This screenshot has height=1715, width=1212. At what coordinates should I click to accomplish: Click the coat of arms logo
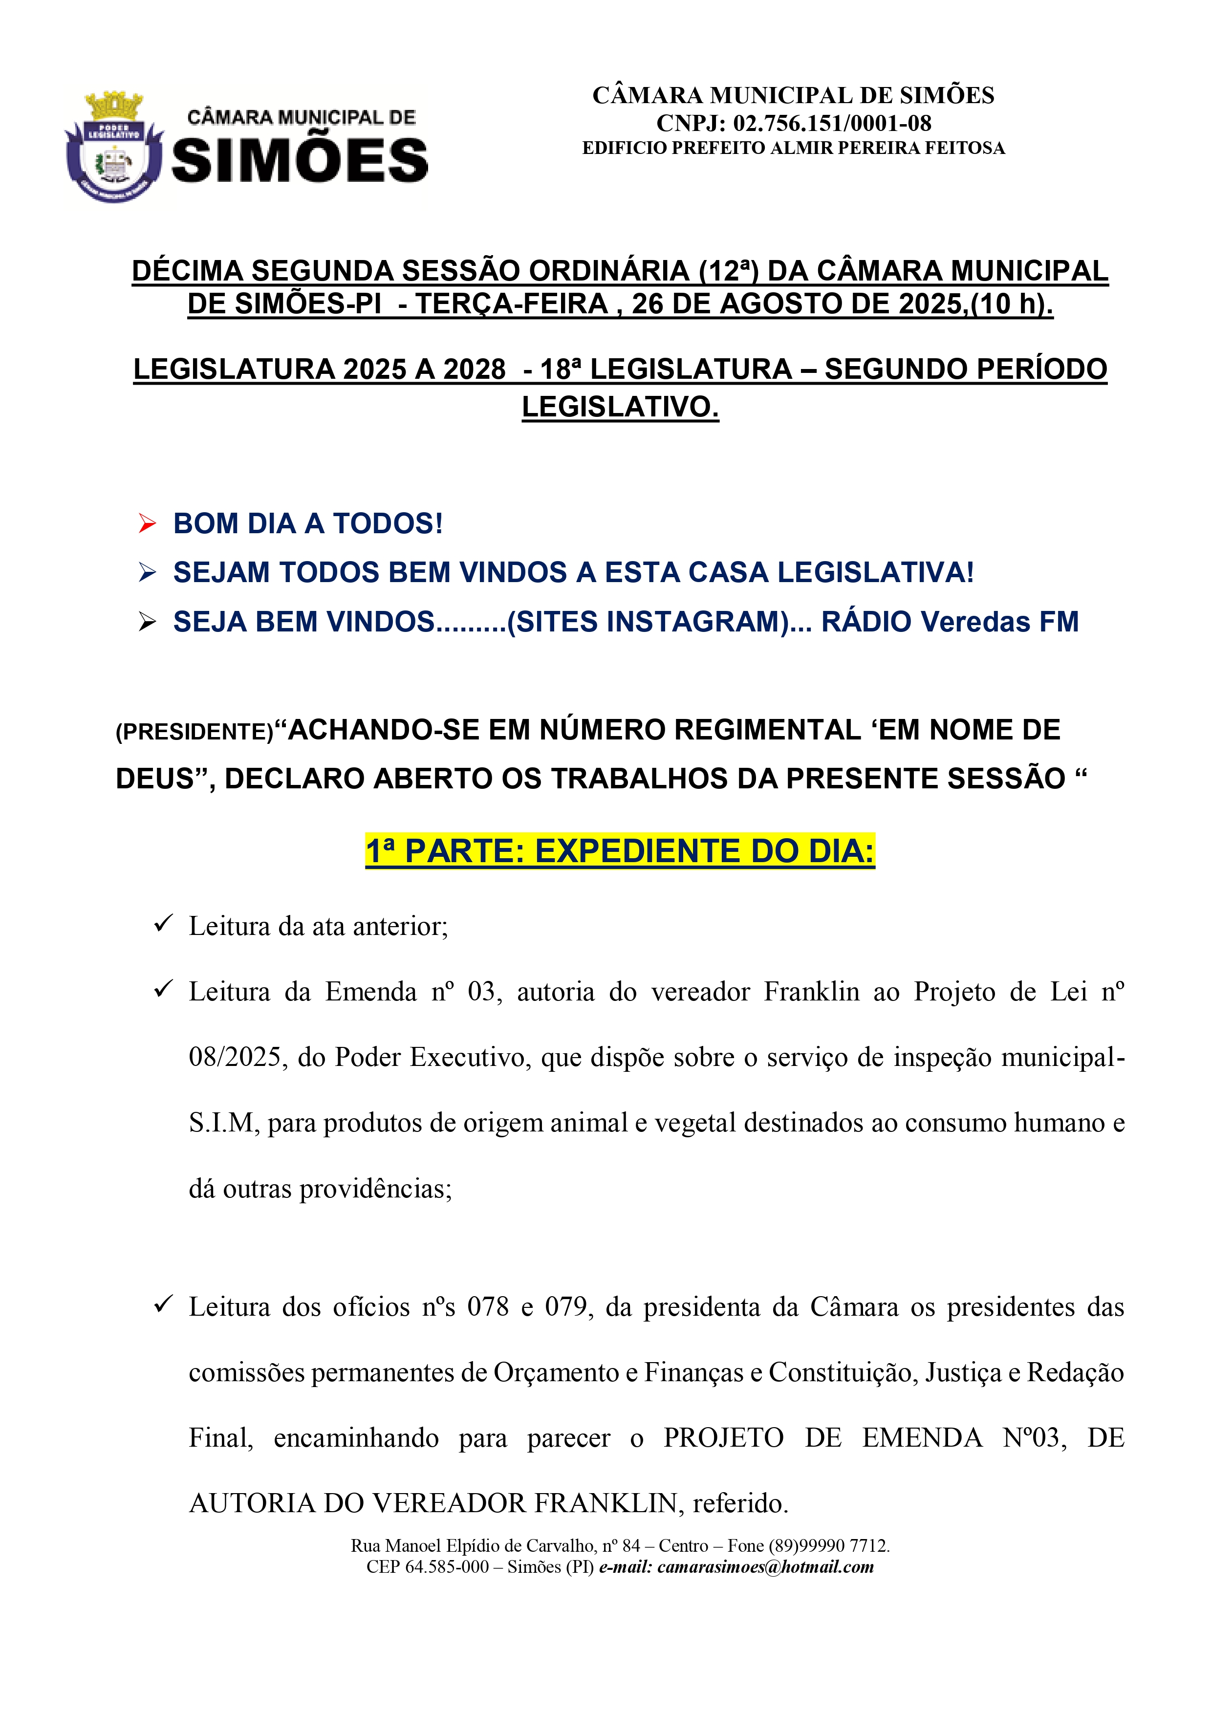pyautogui.click(x=113, y=147)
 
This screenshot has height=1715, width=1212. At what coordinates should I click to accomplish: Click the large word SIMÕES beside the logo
pyautogui.click(x=300, y=161)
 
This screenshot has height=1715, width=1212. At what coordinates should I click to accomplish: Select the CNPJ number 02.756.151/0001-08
pyautogui.click(x=831, y=123)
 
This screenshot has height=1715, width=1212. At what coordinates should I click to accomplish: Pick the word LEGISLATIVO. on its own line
pyautogui.click(x=620, y=407)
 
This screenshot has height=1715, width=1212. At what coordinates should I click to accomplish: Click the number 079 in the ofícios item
pyautogui.click(x=566, y=1306)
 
